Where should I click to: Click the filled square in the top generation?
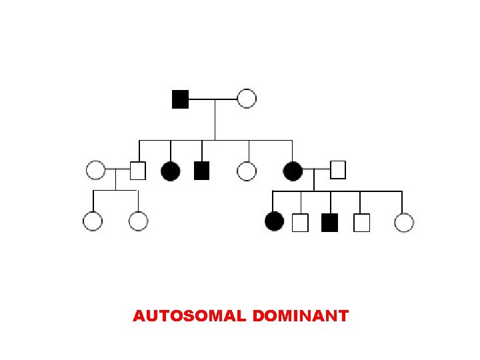tap(180, 99)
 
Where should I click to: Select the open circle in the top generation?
tap(247, 99)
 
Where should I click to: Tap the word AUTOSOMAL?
tap(190, 316)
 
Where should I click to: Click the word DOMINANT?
tap(301, 316)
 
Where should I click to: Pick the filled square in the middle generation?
tap(202, 171)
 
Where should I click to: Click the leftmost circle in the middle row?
tap(96, 171)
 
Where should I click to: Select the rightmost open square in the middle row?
tap(338, 171)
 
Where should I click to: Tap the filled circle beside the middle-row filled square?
tap(171, 171)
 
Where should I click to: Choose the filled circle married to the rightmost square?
tap(293, 171)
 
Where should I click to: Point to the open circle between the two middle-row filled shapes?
tap(247, 171)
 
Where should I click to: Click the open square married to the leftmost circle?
tap(137, 171)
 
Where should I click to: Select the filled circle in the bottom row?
tap(274, 221)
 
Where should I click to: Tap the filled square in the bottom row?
tap(329, 222)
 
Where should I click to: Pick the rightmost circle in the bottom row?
tap(404, 222)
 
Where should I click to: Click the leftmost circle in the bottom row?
tap(93, 221)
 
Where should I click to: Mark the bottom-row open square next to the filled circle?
tap(300, 222)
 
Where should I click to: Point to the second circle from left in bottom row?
tap(138, 221)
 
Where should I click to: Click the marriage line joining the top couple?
tap(213, 99)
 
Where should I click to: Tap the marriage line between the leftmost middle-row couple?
tap(117, 171)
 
